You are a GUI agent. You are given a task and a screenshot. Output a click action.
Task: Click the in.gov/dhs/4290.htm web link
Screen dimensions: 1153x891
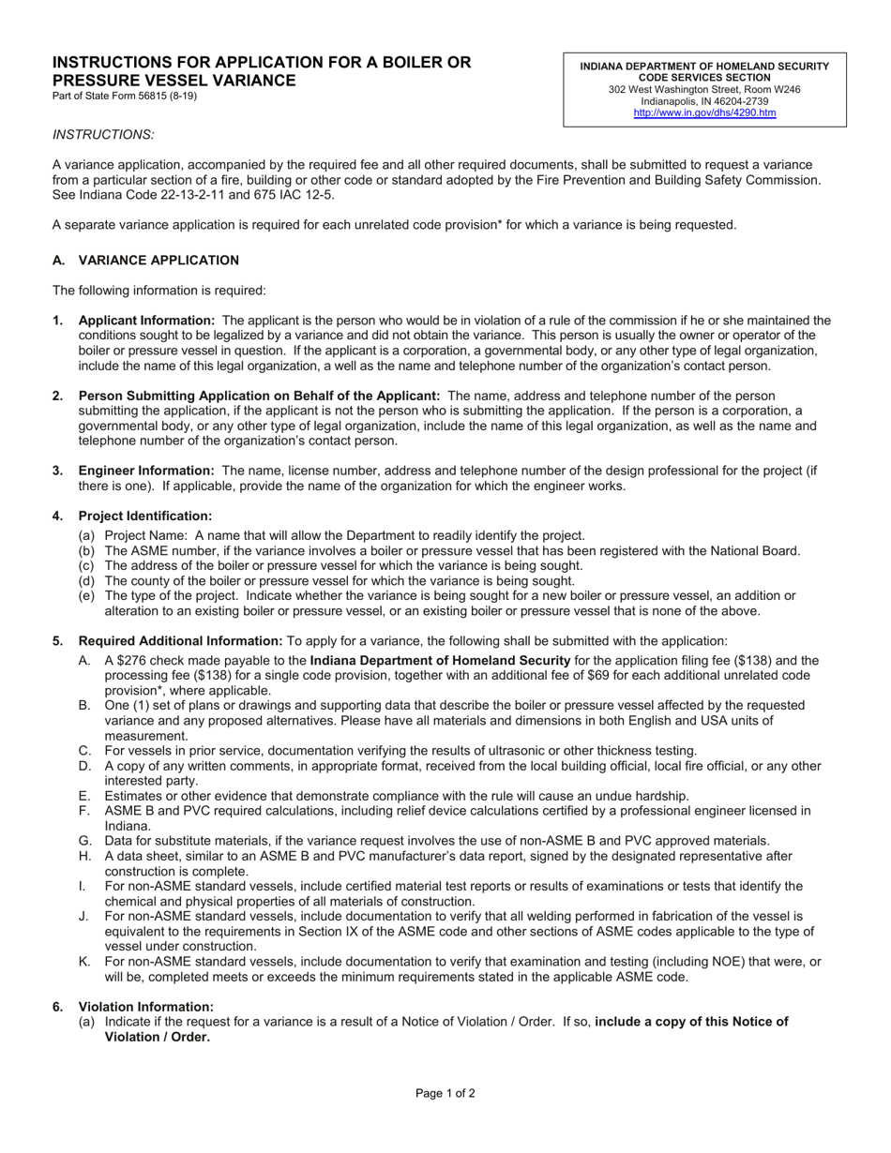pos(704,112)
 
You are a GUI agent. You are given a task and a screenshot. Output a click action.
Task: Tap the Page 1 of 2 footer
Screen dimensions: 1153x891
pos(445,1093)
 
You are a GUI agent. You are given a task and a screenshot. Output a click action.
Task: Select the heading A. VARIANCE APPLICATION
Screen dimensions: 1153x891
pos(145,260)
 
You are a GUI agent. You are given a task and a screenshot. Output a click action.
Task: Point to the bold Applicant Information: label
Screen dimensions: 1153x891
pos(146,321)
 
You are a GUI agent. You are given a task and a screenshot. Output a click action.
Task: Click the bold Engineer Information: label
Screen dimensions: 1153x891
pos(146,471)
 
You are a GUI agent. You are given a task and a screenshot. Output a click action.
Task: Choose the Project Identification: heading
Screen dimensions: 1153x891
pos(145,516)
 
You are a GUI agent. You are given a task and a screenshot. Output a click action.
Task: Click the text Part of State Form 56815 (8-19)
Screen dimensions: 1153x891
pos(125,96)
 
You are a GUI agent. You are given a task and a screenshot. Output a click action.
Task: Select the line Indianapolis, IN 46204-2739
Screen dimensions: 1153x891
pos(704,101)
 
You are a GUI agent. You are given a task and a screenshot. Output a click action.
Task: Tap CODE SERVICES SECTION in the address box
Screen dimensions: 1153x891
pos(704,78)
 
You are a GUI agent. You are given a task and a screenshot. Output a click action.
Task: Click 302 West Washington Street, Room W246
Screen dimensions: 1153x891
pos(704,90)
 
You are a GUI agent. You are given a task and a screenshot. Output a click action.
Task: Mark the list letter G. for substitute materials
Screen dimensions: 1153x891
pos(84,841)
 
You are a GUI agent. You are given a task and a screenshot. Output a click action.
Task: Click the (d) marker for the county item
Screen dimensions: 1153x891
pos(85,581)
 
